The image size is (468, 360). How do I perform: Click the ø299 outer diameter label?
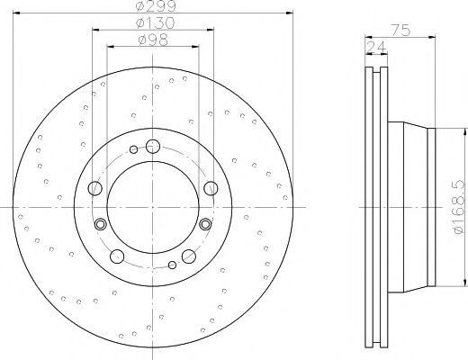coord(155,5)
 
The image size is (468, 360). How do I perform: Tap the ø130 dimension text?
coord(155,23)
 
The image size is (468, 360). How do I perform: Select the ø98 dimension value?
coord(153,40)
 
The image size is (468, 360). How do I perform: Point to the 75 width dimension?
coord(400,31)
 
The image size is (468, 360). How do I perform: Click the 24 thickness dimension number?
coord(376,47)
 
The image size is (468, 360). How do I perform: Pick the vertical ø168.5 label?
coord(460,208)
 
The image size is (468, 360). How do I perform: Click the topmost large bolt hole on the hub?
coord(153,147)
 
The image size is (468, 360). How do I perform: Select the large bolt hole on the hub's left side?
coord(95,188)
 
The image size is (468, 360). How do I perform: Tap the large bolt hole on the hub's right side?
coord(211,188)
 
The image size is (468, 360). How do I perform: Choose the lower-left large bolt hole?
coord(117,256)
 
